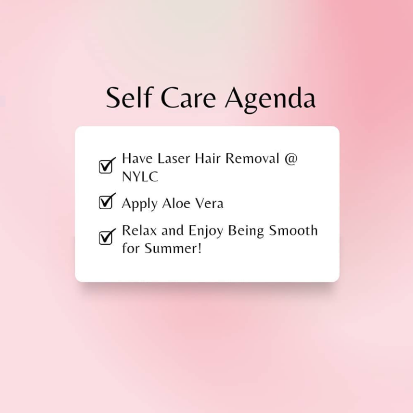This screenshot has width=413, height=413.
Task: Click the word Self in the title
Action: [x=129, y=97]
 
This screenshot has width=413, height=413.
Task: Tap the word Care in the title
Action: [x=188, y=98]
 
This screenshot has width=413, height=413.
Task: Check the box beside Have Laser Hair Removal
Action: [x=107, y=166]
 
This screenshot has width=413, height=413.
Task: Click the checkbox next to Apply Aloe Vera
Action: [x=107, y=201]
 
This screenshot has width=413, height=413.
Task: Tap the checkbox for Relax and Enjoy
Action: [x=107, y=237]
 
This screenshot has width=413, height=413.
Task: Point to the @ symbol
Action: [x=291, y=159]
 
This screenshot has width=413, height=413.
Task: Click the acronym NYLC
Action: [x=140, y=176]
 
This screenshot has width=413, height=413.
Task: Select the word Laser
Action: [x=174, y=159]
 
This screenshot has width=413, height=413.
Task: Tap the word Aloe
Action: [x=176, y=203]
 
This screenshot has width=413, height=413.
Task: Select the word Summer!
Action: [x=173, y=248]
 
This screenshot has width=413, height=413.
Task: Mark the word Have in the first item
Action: [x=137, y=159]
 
